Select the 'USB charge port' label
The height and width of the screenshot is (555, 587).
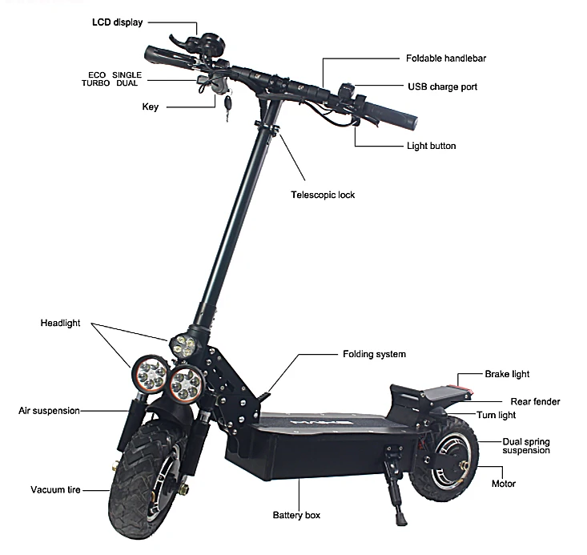(442, 86)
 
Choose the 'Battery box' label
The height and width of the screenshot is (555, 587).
(296, 515)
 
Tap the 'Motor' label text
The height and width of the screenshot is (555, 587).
(504, 484)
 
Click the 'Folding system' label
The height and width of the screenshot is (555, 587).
(374, 354)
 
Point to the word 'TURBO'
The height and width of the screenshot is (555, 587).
(95, 82)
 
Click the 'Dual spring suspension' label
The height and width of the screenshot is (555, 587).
(525, 445)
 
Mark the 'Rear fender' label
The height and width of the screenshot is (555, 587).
(535, 401)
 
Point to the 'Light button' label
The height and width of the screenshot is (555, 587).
(431, 146)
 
